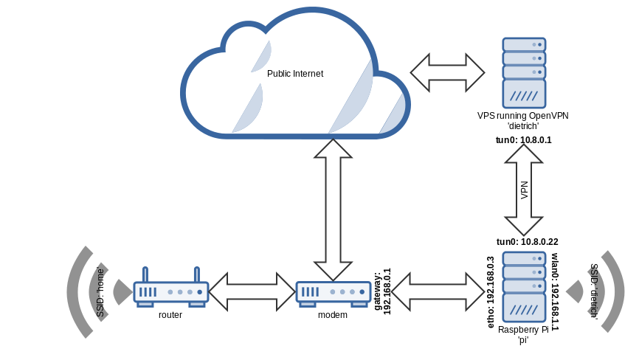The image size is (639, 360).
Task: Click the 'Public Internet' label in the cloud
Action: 295,74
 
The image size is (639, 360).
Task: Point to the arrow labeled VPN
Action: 524,190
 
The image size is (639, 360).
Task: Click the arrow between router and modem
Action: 252,291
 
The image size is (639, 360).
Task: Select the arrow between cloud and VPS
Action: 447,72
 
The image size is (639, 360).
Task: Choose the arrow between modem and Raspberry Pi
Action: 439,291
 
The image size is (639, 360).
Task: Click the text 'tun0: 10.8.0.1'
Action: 524,140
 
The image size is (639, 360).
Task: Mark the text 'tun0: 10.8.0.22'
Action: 527,241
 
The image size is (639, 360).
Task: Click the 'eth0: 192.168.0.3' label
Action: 491,292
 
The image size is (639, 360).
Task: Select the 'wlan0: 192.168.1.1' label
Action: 556,292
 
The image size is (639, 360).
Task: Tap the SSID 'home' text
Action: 101,293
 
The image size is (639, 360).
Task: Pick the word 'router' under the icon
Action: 170,315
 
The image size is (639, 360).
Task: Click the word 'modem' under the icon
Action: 332,315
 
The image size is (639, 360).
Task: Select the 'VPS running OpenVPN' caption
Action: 524,116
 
